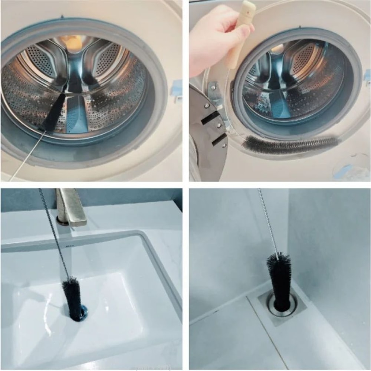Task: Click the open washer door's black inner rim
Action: tap(208, 137)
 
